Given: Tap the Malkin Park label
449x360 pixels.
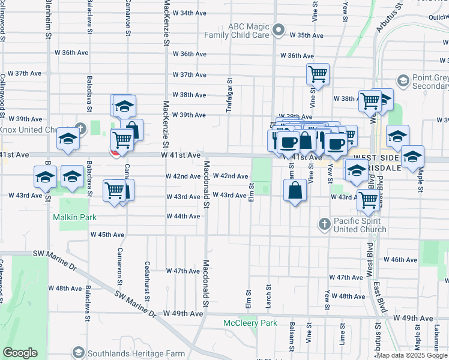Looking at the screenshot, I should point(74,217).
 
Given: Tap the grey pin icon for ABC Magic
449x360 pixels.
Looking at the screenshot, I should point(279,29).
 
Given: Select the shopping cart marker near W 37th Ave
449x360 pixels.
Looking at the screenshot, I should point(318,74).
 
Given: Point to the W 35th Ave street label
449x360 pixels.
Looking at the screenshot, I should point(306,35).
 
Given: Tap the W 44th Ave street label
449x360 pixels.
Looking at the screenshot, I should point(182,216).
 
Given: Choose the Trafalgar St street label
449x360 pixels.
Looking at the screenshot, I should point(229,91).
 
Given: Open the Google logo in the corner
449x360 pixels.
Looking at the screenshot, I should point(20,353).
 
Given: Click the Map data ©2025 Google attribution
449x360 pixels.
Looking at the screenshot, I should point(412,355).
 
